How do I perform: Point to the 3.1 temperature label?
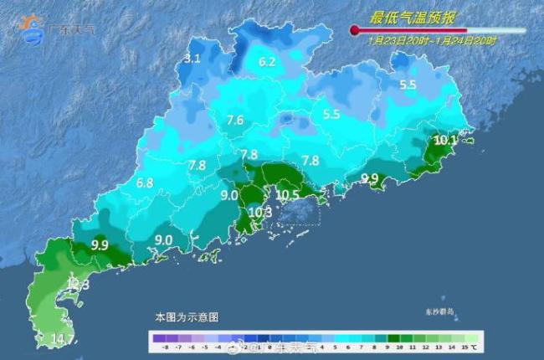[x=192, y=59]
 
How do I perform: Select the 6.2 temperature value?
[x=267, y=62]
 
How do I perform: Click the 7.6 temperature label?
[x=234, y=121]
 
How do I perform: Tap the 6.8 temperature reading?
[x=145, y=183]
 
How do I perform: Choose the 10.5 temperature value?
[x=287, y=195]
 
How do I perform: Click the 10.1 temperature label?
[x=447, y=141]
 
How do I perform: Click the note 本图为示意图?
[x=186, y=318]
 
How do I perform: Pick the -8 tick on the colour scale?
[x=156, y=346]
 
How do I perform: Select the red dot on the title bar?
[x=355, y=30]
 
